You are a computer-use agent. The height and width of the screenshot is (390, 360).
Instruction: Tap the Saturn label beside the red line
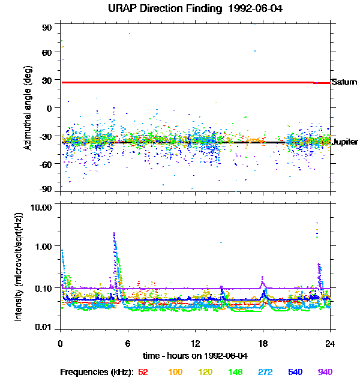click(x=344, y=82)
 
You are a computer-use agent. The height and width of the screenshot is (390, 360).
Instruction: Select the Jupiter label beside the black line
click(x=345, y=142)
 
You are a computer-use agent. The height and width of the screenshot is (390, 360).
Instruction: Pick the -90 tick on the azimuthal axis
click(x=46, y=189)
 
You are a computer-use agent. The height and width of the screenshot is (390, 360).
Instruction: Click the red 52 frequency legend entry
click(x=143, y=372)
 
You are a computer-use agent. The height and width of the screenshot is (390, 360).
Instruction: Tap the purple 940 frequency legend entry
click(x=325, y=372)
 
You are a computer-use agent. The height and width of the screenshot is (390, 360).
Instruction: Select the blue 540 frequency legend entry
click(x=295, y=372)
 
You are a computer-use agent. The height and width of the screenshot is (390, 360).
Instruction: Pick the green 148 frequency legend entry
click(x=235, y=372)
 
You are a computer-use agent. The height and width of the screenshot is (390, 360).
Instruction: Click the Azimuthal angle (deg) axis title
click(x=27, y=108)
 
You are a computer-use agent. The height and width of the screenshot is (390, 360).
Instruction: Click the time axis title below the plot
click(x=194, y=356)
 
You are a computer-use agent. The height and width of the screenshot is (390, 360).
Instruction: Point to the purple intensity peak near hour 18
click(x=263, y=280)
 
